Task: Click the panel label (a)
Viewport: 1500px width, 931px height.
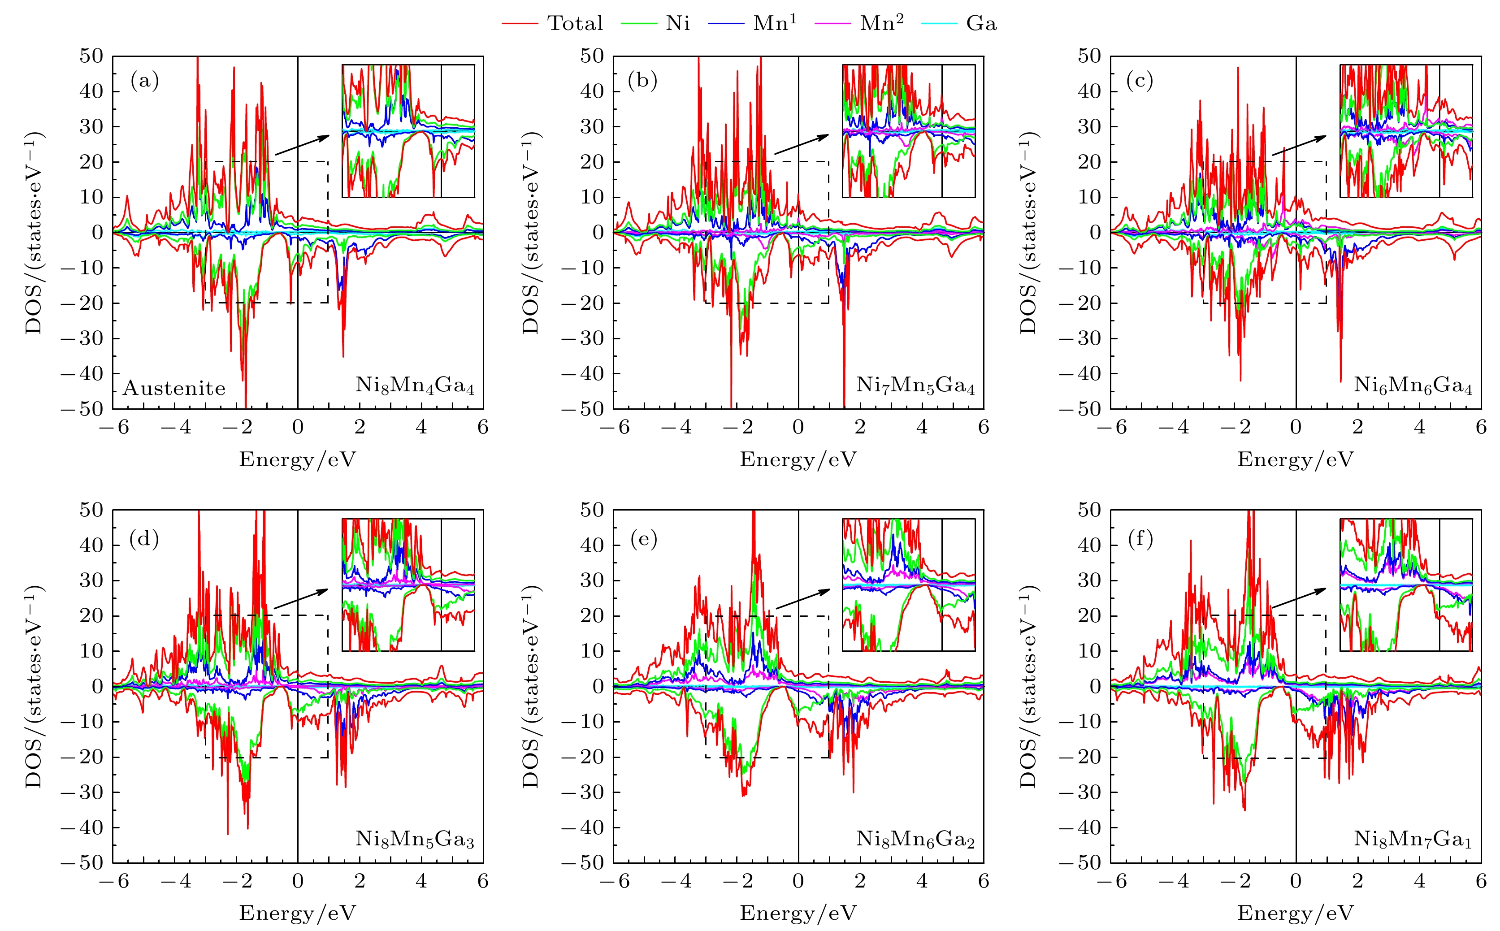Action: pos(145,81)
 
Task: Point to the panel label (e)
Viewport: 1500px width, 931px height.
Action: pos(644,539)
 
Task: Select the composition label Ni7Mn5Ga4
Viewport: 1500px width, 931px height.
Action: pos(915,386)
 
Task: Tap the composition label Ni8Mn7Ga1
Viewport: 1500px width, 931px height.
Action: pos(1413,839)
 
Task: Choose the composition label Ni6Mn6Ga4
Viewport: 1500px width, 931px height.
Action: pos(1413,386)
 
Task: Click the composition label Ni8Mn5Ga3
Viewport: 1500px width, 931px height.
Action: pos(414,839)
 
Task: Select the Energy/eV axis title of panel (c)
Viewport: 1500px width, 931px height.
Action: pos(1296,459)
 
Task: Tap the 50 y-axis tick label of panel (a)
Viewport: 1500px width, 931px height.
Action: pos(91,56)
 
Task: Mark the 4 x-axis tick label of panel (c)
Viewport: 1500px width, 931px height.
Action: pos(1419,427)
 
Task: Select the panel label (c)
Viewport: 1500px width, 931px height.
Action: pos(1140,81)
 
